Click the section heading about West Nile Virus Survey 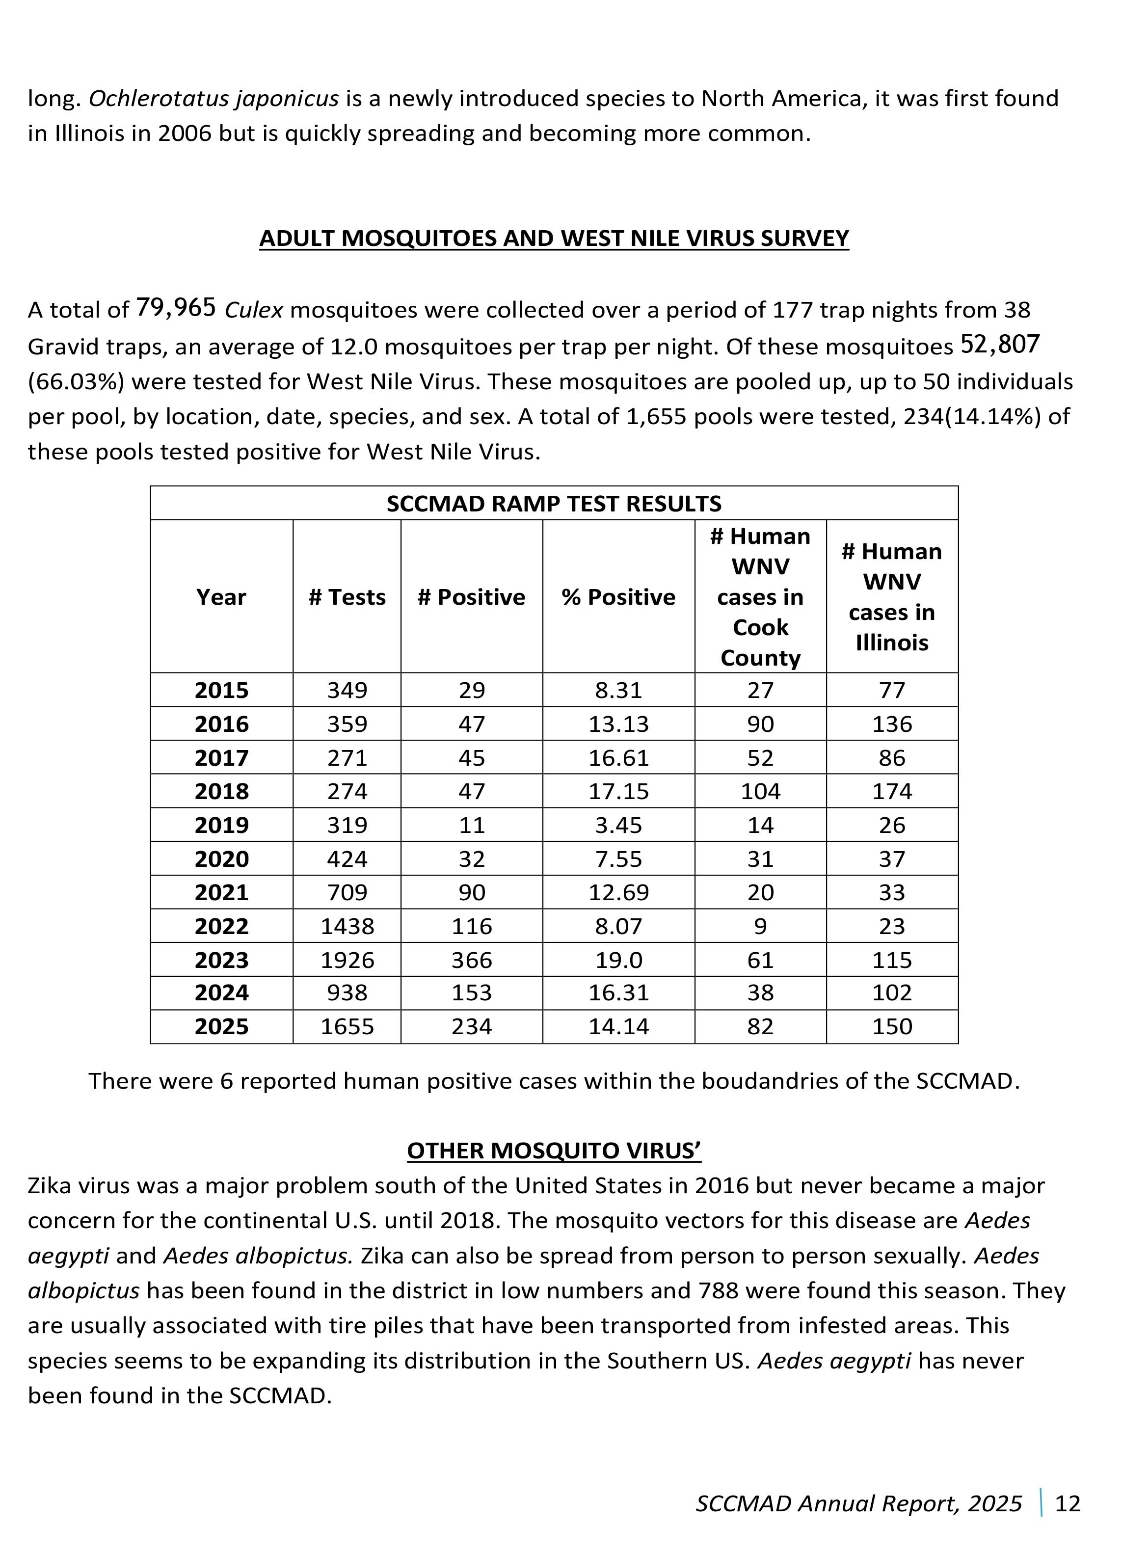click(554, 239)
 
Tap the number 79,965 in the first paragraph click(176, 308)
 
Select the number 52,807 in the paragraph click(1000, 344)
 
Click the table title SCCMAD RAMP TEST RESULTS click(554, 504)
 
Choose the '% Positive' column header click(618, 597)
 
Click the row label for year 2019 click(221, 825)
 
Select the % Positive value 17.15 click(618, 791)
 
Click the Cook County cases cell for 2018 click(760, 791)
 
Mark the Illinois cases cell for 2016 click(891, 724)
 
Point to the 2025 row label click(221, 1026)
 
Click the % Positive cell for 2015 click(618, 690)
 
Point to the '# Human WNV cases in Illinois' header click(891, 597)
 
